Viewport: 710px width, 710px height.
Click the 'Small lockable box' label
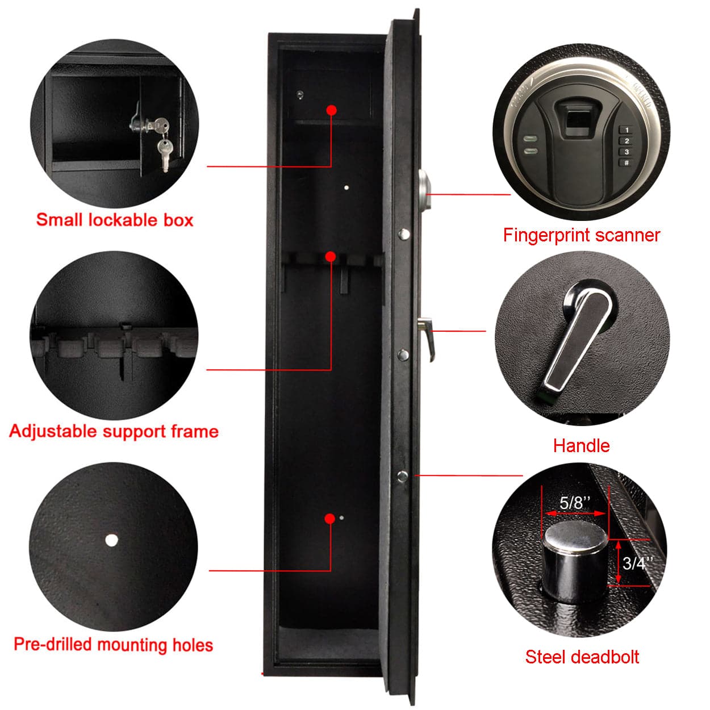pyautogui.click(x=114, y=220)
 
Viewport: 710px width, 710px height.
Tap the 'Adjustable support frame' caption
pyautogui.click(x=114, y=431)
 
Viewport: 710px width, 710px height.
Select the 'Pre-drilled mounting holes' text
pyautogui.click(x=113, y=645)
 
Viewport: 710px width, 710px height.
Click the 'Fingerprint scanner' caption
pyautogui.click(x=581, y=235)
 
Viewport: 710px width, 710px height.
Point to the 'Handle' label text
pyautogui.click(x=581, y=445)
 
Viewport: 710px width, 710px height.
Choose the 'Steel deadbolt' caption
pyautogui.click(x=582, y=657)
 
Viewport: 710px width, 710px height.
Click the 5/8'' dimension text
pyautogui.click(x=575, y=502)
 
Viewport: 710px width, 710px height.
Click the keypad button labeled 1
pyautogui.click(x=627, y=131)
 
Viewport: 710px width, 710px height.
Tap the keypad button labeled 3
pyautogui.click(x=627, y=152)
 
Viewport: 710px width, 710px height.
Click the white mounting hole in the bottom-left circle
pyautogui.click(x=111, y=540)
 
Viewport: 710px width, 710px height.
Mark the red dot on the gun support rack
pyautogui.click(x=331, y=257)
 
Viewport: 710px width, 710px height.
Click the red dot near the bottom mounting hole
pyautogui.click(x=329, y=519)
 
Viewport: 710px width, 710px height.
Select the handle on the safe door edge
pyautogui.click(x=425, y=335)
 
